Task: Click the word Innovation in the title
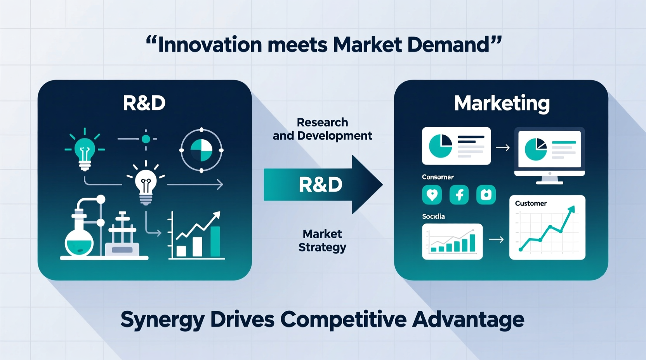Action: tap(210, 45)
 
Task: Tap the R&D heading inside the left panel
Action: tap(144, 103)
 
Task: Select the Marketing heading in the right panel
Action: tap(502, 103)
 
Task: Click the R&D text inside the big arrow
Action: tap(321, 185)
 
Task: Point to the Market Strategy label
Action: tap(322, 241)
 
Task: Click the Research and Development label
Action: tap(322, 129)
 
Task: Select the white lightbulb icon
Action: tap(146, 184)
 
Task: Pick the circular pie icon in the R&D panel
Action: tap(201, 150)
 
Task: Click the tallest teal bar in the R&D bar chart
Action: tap(215, 241)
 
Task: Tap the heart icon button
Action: tap(432, 194)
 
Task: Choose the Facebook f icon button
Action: tap(459, 194)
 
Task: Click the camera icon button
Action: tap(486, 194)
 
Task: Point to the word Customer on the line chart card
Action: tap(531, 203)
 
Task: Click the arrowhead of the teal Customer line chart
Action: tap(571, 210)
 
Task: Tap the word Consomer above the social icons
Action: tap(438, 177)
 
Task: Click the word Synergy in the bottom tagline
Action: tap(162, 320)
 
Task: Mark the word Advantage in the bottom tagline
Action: tap(468, 320)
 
